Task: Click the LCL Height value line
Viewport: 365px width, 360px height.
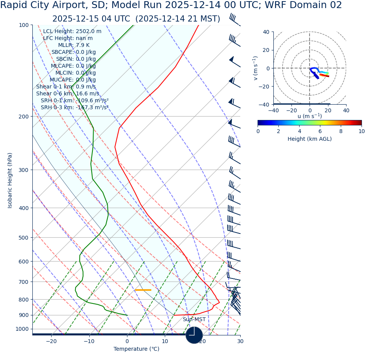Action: [x=72, y=32]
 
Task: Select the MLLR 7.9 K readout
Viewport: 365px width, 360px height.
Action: [x=74, y=45]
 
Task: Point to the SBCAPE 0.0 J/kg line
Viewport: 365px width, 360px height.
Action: [x=74, y=52]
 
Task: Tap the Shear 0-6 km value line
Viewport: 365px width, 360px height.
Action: [x=67, y=94]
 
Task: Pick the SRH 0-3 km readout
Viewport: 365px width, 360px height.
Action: [x=74, y=108]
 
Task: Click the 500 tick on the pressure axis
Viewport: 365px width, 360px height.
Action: [x=23, y=238]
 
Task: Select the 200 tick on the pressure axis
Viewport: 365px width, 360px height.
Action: [x=23, y=117]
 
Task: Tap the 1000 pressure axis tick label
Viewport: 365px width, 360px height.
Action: [x=22, y=329]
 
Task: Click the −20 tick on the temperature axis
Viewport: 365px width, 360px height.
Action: [x=51, y=341]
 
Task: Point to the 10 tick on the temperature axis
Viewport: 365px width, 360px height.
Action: [x=165, y=341]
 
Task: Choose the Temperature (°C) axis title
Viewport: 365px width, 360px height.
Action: [x=136, y=349]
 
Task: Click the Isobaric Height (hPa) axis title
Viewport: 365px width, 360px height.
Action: [x=10, y=180]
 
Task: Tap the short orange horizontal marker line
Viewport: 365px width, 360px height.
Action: [x=143, y=290]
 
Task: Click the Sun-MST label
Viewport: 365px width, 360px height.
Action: [x=194, y=320]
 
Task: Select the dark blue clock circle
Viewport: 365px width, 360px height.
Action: [x=194, y=335]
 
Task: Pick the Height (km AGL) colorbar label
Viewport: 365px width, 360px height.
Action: [x=310, y=139]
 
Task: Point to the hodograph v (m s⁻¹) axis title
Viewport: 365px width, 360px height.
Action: [x=255, y=68]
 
